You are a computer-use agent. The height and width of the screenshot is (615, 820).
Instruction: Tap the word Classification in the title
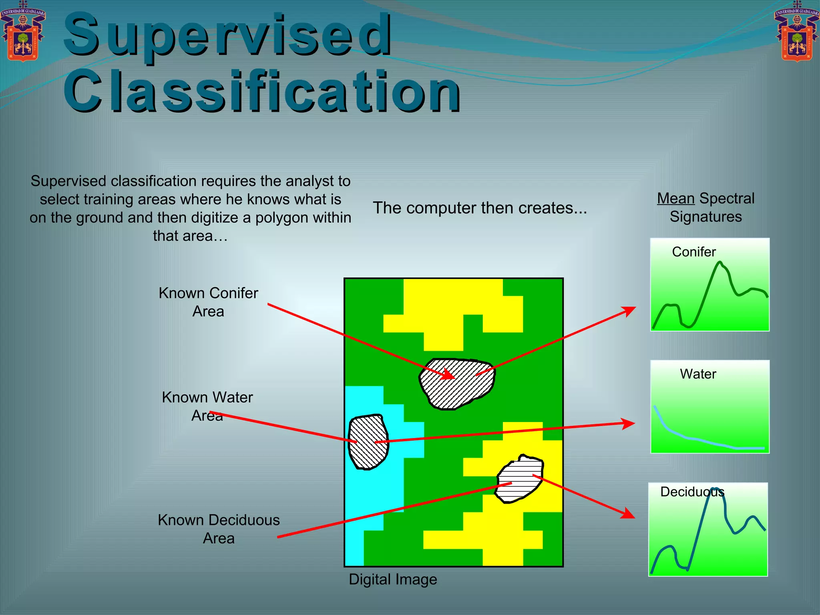(262, 91)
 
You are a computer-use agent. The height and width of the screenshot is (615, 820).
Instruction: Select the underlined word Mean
(675, 199)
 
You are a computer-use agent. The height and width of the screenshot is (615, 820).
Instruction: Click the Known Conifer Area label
(208, 302)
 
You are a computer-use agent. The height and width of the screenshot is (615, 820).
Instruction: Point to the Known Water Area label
(207, 406)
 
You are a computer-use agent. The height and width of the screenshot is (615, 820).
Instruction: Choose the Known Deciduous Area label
(219, 529)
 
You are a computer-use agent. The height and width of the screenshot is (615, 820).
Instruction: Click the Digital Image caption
(393, 579)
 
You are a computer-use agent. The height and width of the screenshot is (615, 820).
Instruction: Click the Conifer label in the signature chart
(693, 252)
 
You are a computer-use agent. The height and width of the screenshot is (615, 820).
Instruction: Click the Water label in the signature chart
(697, 374)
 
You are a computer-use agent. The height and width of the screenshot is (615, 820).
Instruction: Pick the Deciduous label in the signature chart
(692, 492)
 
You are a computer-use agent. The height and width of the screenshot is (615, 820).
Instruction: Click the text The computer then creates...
(480, 208)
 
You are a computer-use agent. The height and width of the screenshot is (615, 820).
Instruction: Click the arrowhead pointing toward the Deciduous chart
(629, 514)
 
